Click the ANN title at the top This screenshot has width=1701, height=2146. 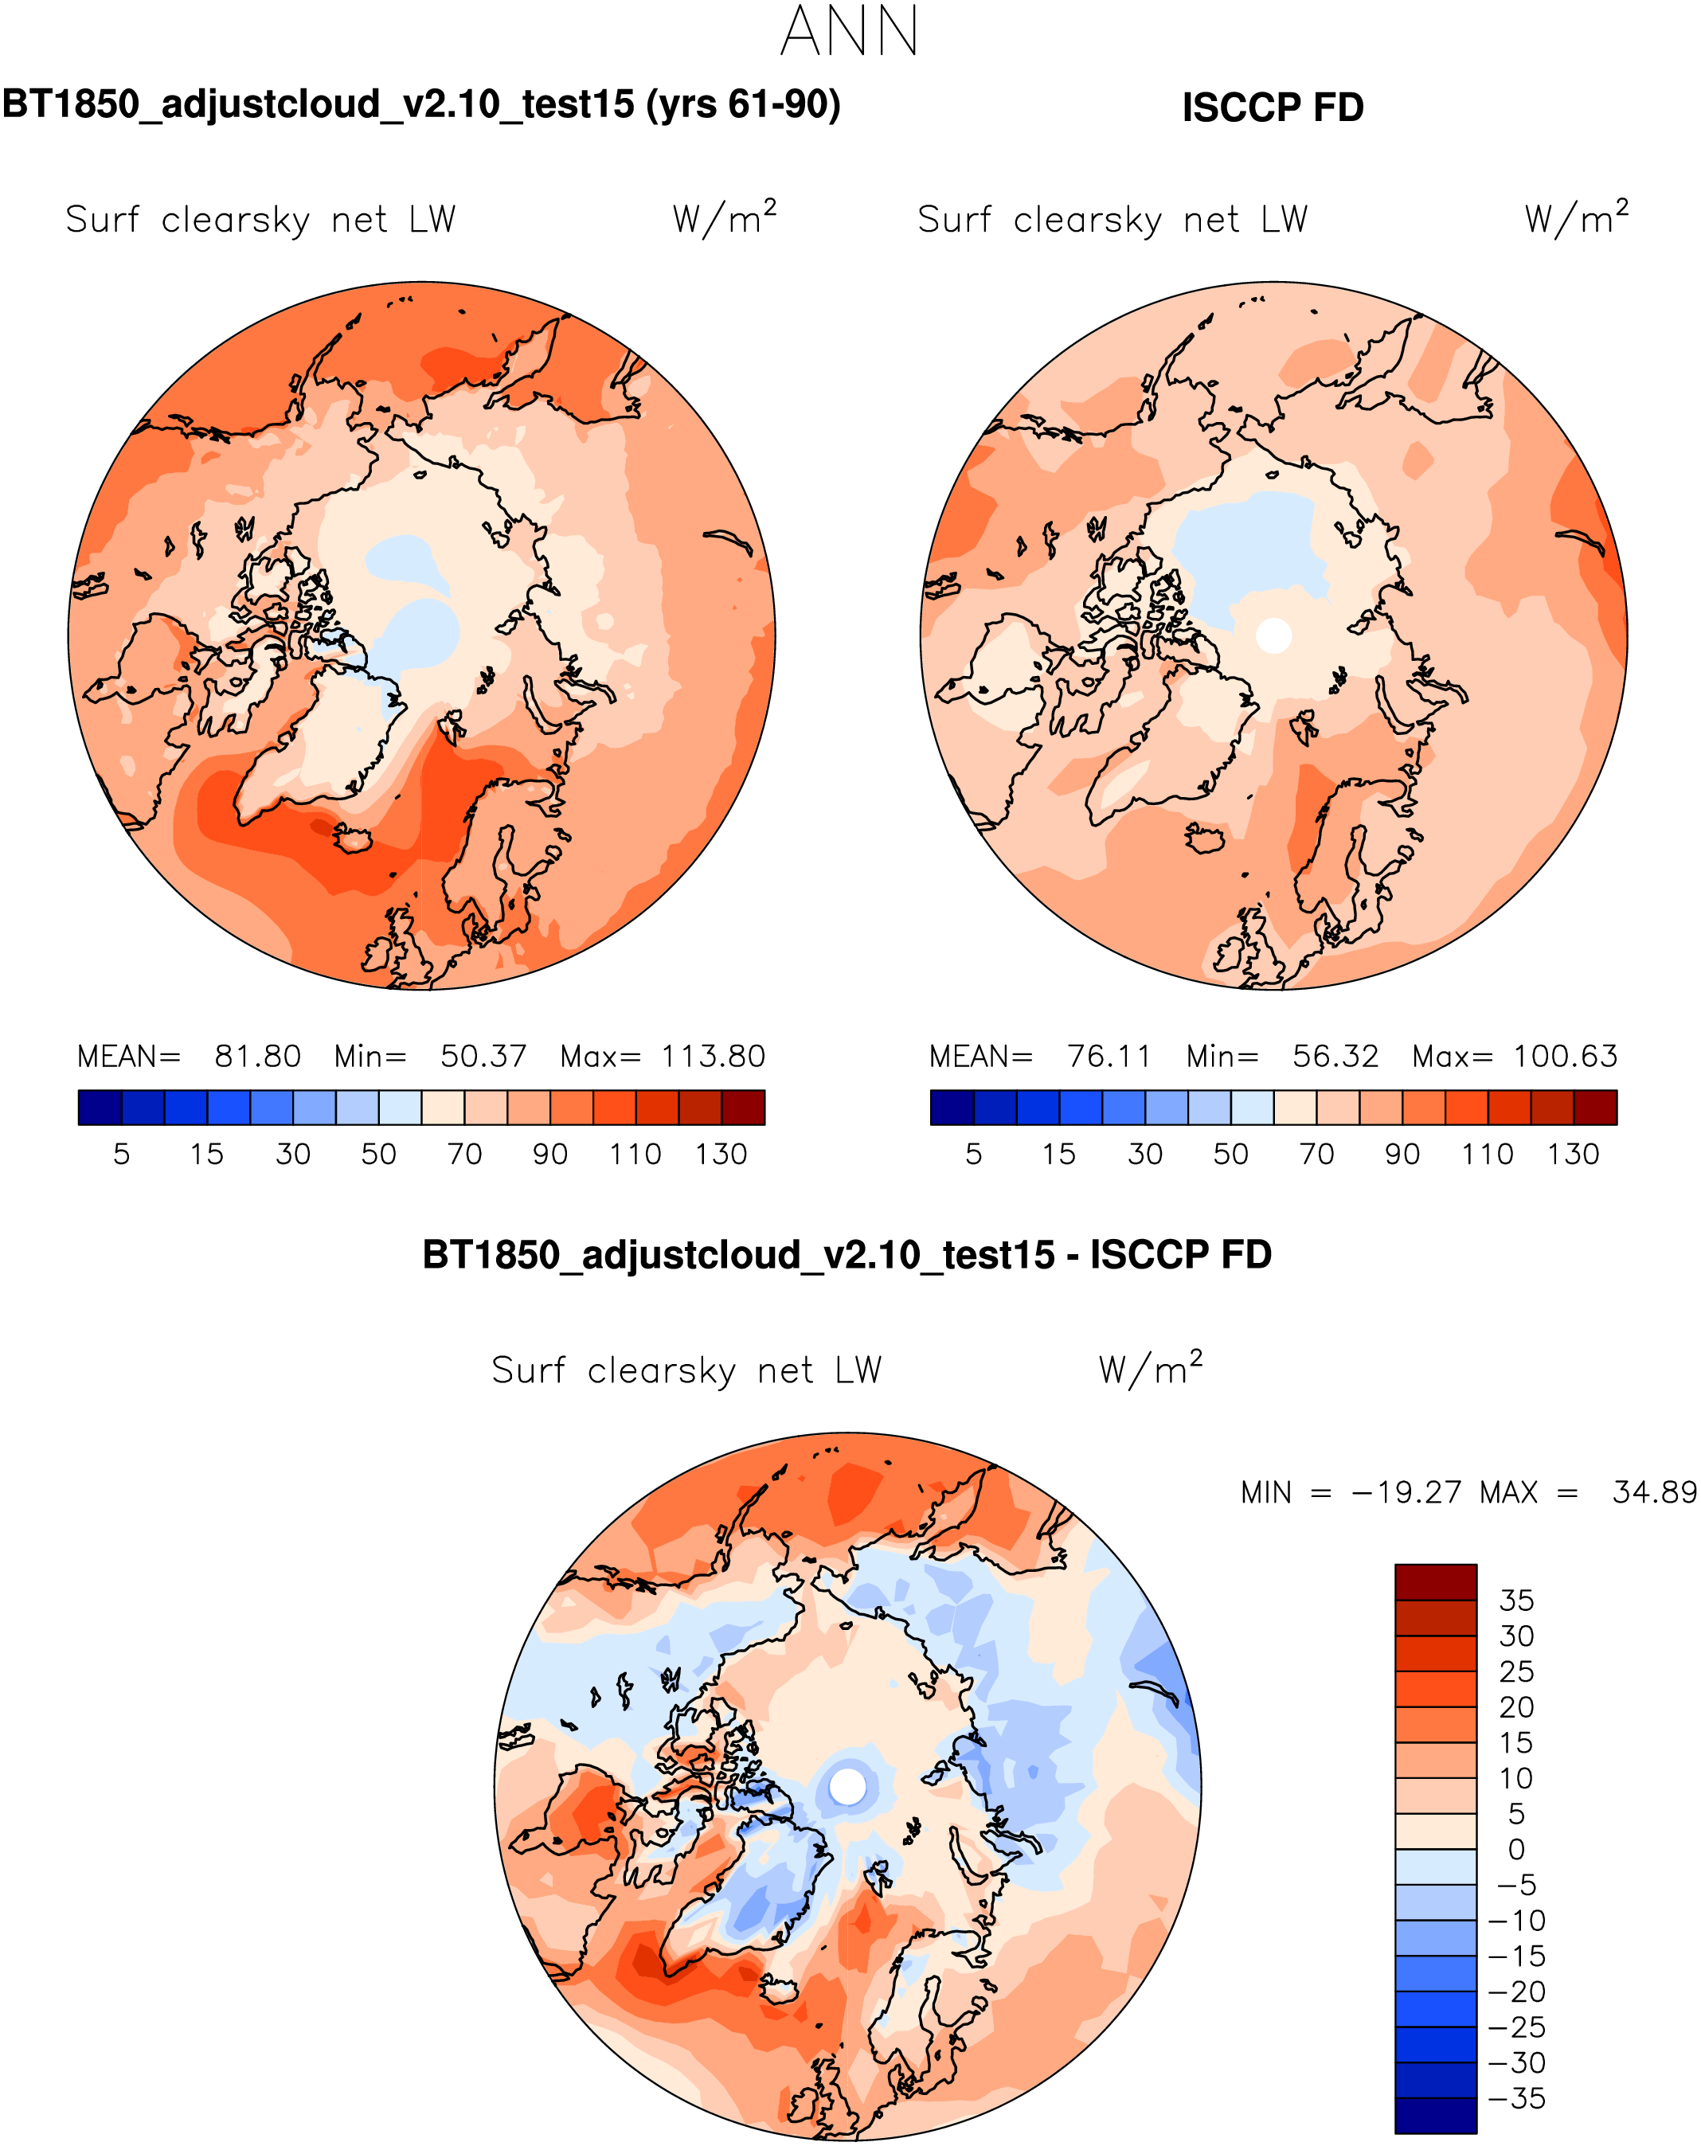849,32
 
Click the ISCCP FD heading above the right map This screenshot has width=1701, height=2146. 1272,107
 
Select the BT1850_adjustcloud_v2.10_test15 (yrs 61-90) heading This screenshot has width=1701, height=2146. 421,104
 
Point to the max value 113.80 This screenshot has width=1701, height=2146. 714,1056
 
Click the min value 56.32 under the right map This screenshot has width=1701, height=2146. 1335,1056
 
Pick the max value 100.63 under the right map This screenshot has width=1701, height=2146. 1566,1056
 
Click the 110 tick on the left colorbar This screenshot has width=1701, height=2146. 635,1154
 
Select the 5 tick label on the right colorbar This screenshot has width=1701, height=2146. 973,1154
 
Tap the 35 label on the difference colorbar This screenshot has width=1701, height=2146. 1516,1601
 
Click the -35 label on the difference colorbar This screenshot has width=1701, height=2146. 1516,2098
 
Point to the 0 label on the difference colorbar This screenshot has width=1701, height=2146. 1516,1849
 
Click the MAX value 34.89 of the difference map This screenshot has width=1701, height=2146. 1654,1493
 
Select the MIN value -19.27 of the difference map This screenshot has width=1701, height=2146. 1406,1493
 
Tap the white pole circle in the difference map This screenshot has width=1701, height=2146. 848,1785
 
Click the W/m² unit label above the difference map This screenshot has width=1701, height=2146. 1151,1370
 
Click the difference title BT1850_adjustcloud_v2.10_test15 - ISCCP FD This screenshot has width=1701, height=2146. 847,1255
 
